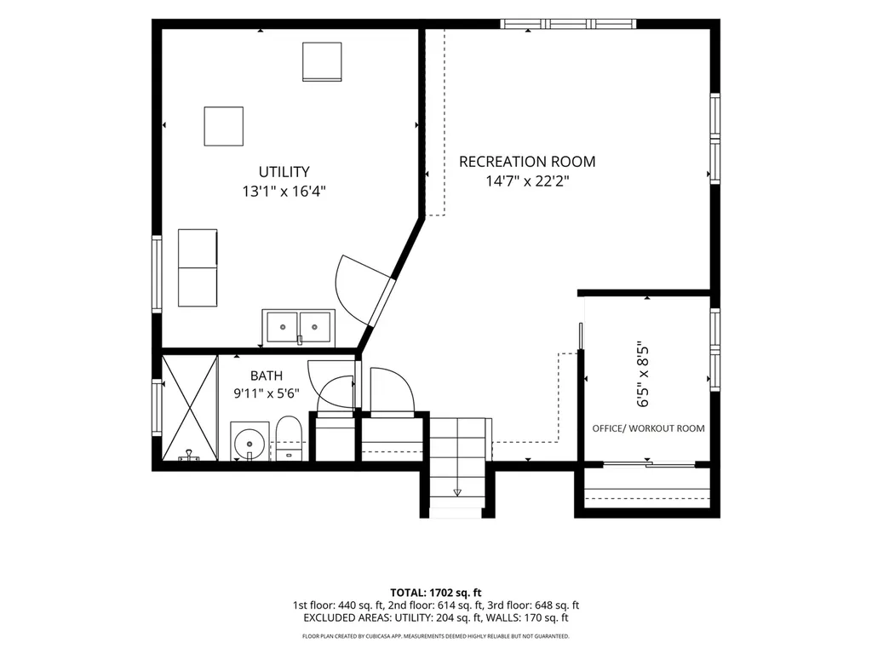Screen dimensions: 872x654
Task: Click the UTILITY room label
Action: [284, 171]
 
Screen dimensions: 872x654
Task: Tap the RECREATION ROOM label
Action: [526, 162]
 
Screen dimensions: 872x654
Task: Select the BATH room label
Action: [267, 376]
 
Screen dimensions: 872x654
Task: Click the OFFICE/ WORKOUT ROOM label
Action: [648, 428]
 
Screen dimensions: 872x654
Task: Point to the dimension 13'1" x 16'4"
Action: [284, 192]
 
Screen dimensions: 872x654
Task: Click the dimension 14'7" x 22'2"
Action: [527, 181]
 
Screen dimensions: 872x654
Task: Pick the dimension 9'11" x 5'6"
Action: [267, 393]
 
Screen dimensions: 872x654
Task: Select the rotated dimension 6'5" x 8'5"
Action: [643, 375]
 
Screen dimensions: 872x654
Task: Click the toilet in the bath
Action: [289, 439]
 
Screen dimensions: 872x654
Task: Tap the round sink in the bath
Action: [250, 442]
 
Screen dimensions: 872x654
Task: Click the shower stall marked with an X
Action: [190, 408]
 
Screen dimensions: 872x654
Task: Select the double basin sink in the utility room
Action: [299, 327]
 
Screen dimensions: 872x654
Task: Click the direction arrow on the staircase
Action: [457, 492]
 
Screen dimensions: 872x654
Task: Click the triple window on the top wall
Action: [568, 23]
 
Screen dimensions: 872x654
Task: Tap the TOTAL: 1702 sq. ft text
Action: [435, 593]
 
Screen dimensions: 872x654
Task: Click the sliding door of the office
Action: [649, 464]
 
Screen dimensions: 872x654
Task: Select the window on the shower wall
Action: [157, 408]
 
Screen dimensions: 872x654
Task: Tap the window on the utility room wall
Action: [157, 274]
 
